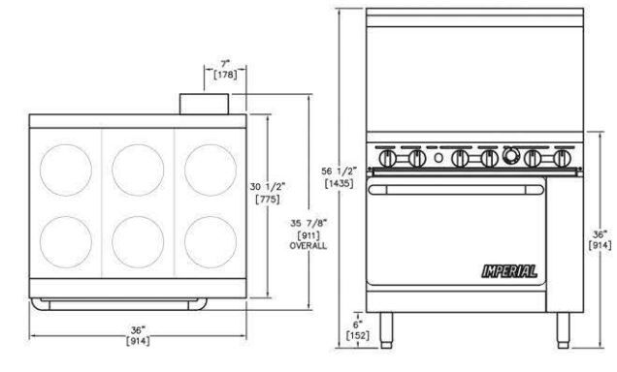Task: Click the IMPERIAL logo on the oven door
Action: click(509, 271)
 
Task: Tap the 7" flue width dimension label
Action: click(225, 63)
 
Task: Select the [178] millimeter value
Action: click(225, 75)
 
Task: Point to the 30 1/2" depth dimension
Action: click(268, 187)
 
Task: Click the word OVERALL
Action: click(308, 246)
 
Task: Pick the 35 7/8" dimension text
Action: click(308, 223)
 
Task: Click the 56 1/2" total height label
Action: click(339, 171)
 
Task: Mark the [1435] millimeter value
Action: click(339, 183)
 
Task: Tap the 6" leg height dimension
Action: click(357, 325)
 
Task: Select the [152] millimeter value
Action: click(358, 335)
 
